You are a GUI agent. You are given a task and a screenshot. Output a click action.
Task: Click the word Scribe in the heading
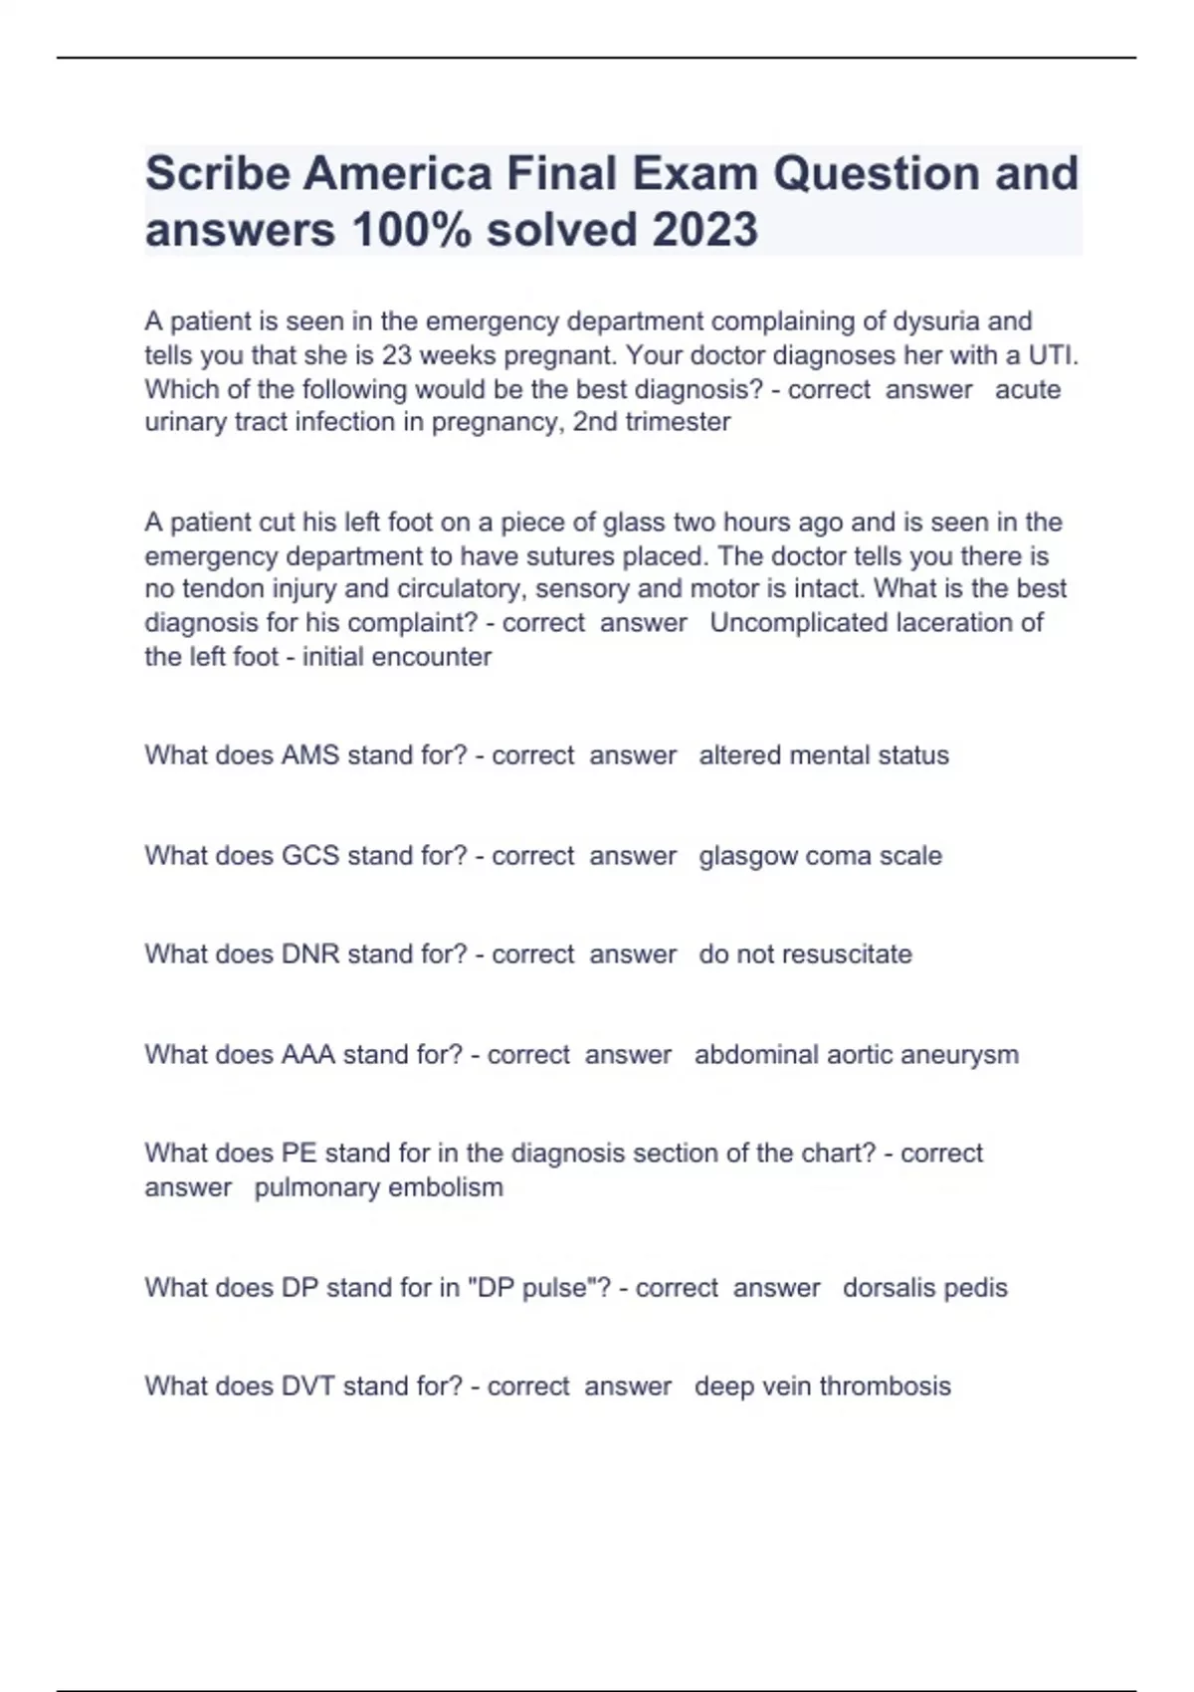coord(217,173)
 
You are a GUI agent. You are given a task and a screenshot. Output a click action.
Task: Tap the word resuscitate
coord(848,954)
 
